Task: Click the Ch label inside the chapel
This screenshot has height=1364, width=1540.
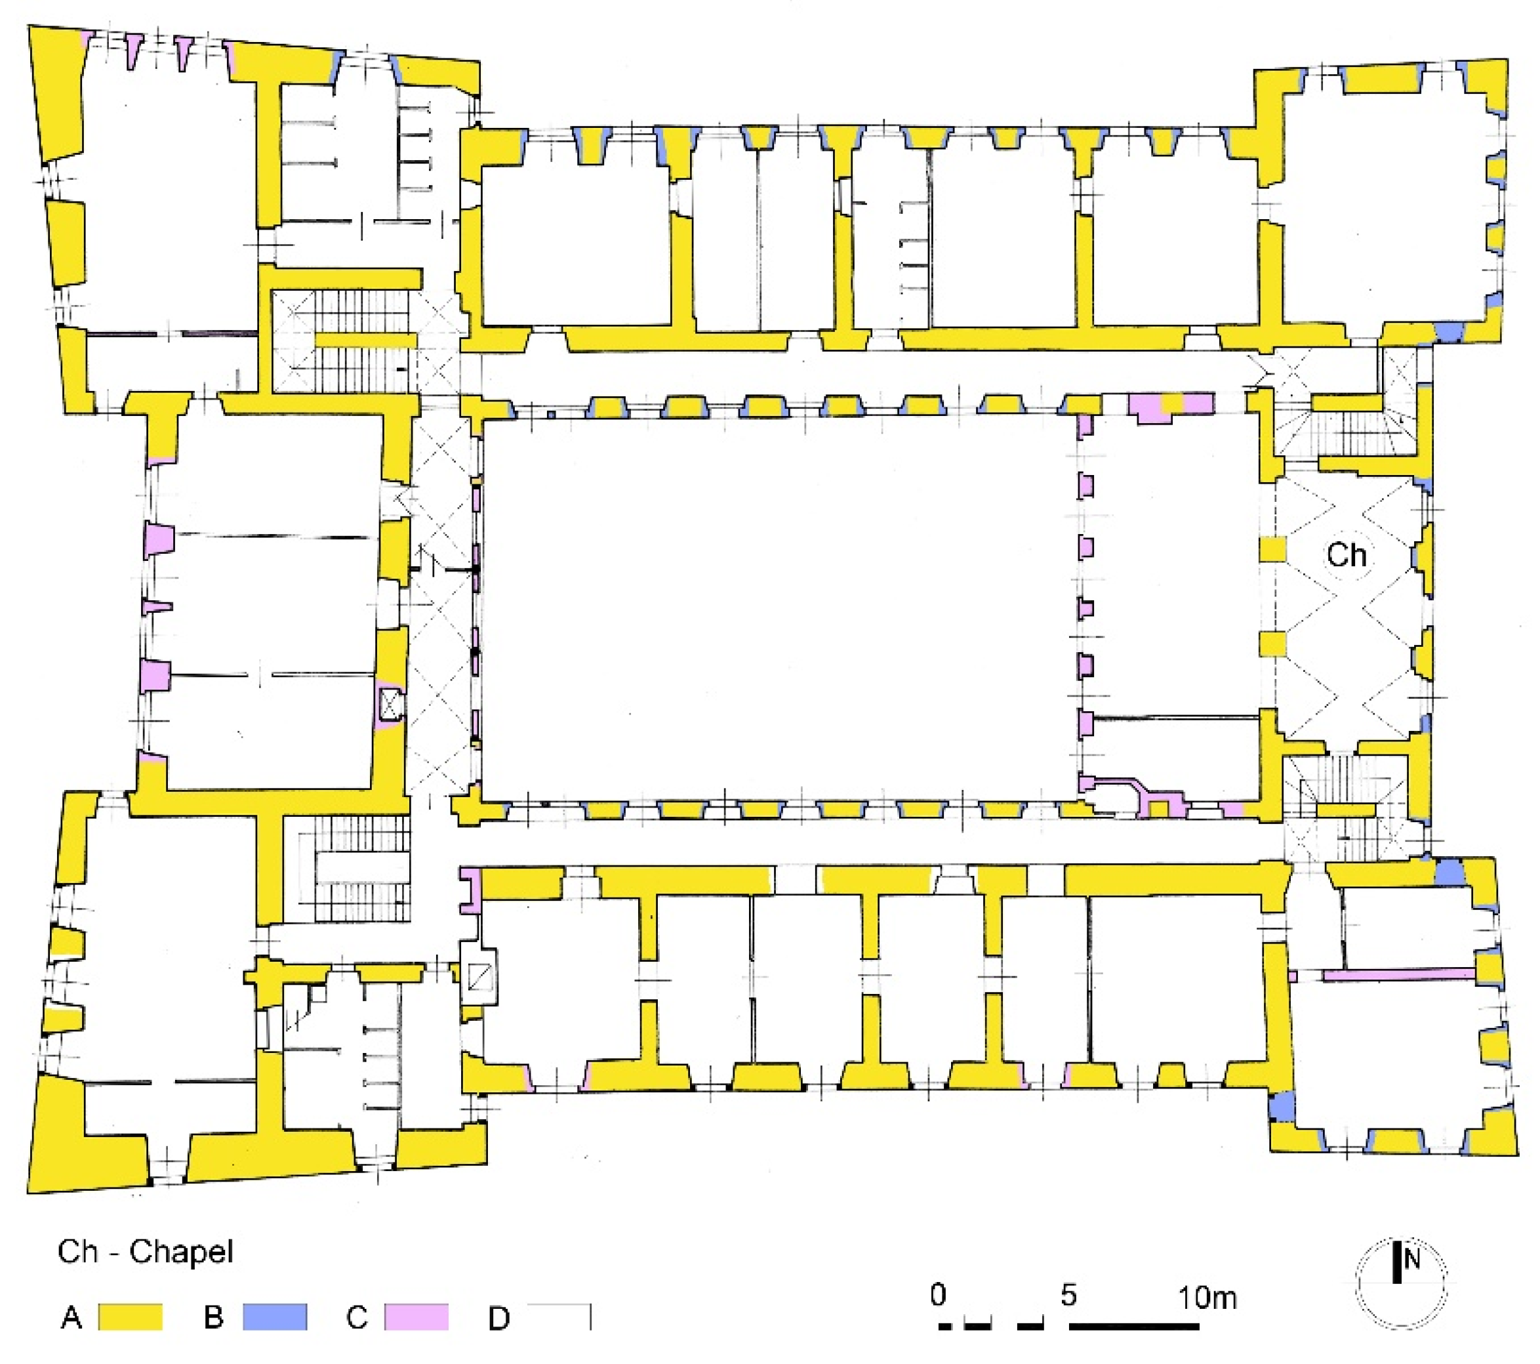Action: coord(1346,556)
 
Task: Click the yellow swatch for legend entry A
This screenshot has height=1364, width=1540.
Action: coord(131,1317)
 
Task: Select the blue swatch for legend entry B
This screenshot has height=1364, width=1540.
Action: coord(275,1317)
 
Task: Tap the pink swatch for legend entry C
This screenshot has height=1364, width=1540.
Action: coord(416,1317)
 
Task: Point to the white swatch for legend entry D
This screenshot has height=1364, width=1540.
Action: coord(558,1317)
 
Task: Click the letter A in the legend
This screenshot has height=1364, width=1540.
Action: coord(71,1318)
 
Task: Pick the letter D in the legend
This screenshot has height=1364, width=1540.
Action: coord(498,1319)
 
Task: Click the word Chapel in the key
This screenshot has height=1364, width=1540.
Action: coord(181,1252)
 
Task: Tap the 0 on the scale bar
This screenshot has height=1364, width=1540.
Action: coord(938,1294)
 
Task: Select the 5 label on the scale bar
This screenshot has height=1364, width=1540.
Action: coord(1068,1294)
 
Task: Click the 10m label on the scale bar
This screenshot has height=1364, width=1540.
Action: coord(1207,1298)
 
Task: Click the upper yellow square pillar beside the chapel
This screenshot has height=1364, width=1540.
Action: coord(1272,549)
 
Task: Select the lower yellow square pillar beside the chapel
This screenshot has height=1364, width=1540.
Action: coord(1272,644)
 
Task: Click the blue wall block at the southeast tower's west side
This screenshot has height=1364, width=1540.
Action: coord(1282,1106)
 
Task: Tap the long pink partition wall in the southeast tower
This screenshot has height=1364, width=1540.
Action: coord(1398,975)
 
